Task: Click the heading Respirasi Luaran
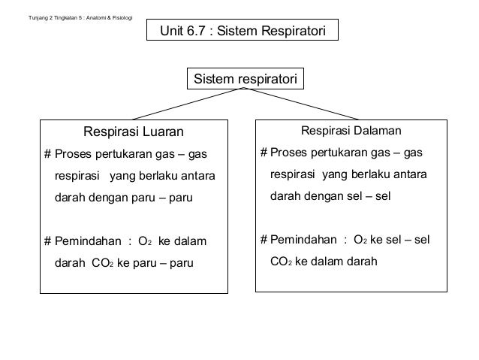coord(133,132)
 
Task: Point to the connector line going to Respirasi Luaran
coord(188,103)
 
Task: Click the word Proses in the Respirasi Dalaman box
coord(288,153)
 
